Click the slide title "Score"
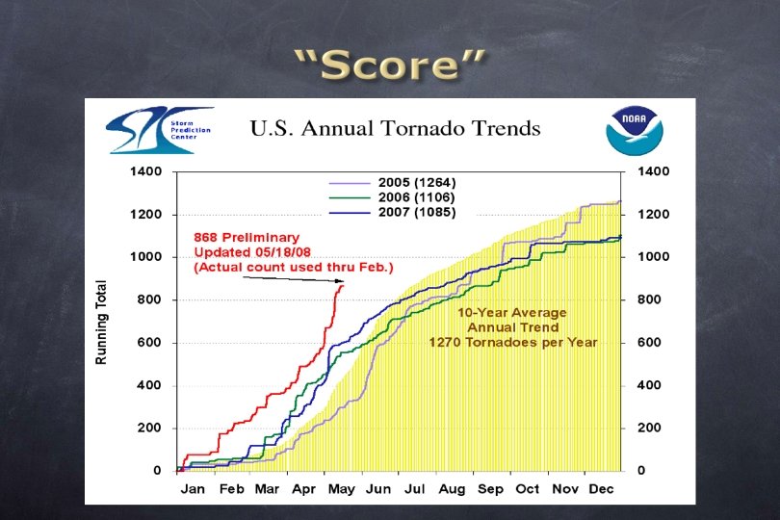click(390, 65)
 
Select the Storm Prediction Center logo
click(158, 130)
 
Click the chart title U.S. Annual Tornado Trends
click(396, 128)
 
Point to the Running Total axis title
click(101, 322)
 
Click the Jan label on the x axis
click(193, 489)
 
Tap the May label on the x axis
click(342, 489)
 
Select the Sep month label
click(490, 489)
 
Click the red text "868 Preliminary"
click(247, 237)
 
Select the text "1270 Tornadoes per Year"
click(512, 342)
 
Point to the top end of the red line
click(342, 285)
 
